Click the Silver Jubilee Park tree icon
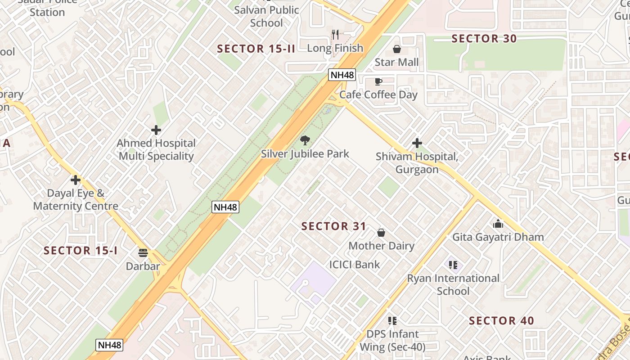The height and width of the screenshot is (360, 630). pyautogui.click(x=305, y=140)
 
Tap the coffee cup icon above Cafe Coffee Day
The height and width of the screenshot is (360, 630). pyautogui.click(x=378, y=81)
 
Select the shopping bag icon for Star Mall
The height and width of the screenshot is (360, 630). pyautogui.click(x=397, y=49)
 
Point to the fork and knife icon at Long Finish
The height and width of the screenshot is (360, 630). pyautogui.click(x=335, y=34)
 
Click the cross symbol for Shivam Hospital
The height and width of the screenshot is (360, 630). pyautogui.click(x=417, y=143)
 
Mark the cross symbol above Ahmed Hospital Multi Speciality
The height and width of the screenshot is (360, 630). pyautogui.click(x=156, y=130)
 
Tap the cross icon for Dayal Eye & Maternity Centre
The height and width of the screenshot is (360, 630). pyautogui.click(x=76, y=180)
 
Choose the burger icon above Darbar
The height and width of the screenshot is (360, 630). pyautogui.click(x=143, y=253)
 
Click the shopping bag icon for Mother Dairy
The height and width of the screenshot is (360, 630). pyautogui.click(x=381, y=233)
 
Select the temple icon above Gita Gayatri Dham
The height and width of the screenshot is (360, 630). pyautogui.click(x=498, y=224)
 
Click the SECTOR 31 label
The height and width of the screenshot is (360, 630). pyautogui.click(x=334, y=226)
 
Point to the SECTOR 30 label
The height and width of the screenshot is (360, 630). pyautogui.click(x=484, y=39)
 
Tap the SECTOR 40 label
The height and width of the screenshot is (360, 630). pyautogui.click(x=501, y=321)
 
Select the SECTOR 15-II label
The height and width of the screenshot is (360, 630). pyautogui.click(x=256, y=49)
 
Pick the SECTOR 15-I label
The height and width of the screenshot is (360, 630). pyautogui.click(x=81, y=251)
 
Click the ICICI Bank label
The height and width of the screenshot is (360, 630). pyautogui.click(x=355, y=265)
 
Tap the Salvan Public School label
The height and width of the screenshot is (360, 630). pyautogui.click(x=266, y=16)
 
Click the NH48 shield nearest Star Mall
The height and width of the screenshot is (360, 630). pyautogui.click(x=342, y=75)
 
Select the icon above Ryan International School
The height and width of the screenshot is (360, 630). pyautogui.click(x=453, y=265)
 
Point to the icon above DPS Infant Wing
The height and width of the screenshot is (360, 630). pyautogui.click(x=392, y=321)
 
